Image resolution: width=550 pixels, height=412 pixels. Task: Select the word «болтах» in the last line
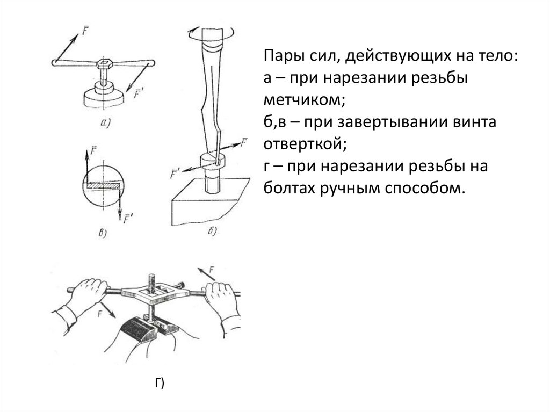pyautogui.click(x=287, y=188)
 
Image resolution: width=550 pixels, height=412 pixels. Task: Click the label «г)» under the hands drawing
pyautogui.click(x=159, y=382)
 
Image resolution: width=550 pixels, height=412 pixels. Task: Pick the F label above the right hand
pyautogui.click(x=212, y=269)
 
